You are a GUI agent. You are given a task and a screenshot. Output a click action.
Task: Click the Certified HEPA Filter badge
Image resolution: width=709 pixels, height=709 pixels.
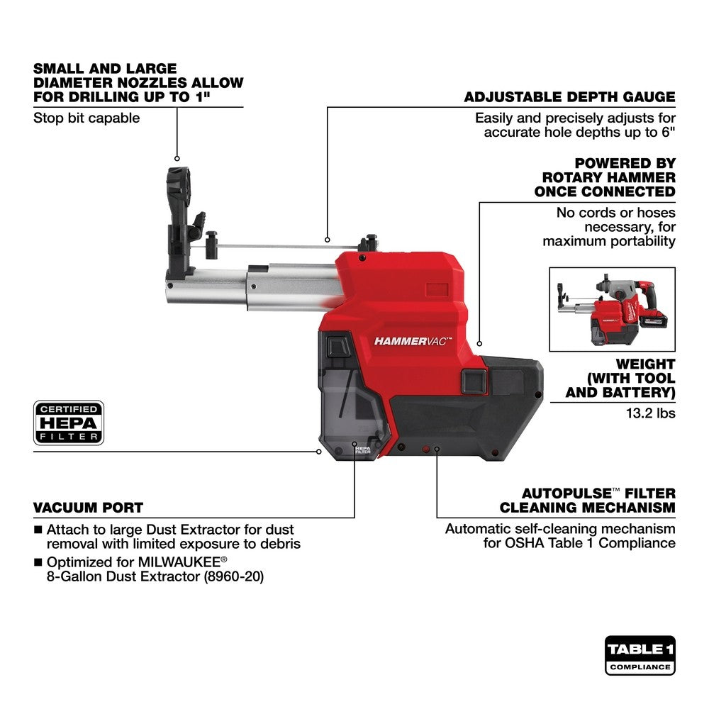69,423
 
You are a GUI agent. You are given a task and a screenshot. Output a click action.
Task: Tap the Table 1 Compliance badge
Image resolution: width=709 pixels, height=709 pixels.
640,655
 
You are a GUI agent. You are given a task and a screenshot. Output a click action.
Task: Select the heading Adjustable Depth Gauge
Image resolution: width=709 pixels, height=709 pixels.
569,97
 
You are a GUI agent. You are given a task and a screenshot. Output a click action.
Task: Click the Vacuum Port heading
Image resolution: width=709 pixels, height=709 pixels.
88,508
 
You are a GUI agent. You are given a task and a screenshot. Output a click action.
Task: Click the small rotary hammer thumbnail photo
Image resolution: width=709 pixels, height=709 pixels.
613,309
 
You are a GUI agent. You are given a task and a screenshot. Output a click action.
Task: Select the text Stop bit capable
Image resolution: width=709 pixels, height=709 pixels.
86,118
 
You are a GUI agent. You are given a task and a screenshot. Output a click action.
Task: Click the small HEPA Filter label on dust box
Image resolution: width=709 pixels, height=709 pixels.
362,450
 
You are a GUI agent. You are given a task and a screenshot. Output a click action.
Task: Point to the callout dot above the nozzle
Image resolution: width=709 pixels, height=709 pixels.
177,159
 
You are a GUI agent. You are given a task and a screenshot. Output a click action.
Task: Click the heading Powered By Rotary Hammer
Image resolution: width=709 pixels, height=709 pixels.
604,177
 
